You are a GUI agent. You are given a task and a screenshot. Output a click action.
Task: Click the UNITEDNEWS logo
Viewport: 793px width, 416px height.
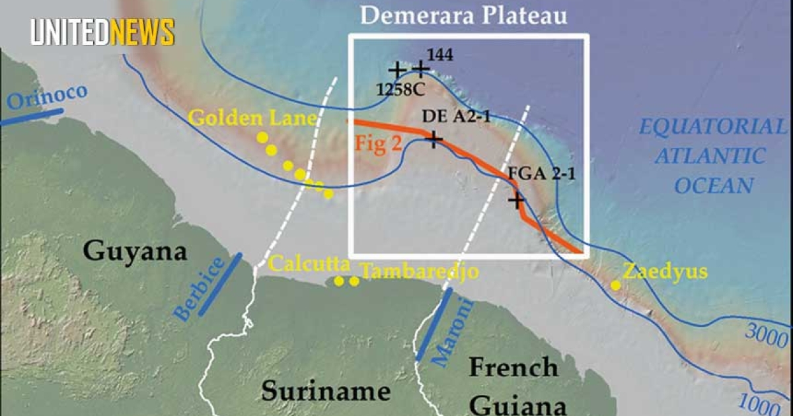[102, 32]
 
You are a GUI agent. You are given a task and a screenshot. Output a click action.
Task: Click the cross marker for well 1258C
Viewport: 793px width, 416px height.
[397, 69]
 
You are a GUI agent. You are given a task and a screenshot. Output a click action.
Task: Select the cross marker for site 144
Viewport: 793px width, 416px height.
[420, 68]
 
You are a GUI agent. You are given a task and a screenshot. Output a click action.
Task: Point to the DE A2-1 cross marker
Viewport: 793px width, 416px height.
[434, 139]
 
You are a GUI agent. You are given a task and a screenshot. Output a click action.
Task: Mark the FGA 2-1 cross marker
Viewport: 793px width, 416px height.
[516, 199]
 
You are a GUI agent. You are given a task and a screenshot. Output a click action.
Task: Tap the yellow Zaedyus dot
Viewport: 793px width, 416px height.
[615, 285]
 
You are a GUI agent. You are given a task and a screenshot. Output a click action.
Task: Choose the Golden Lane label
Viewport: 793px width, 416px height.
[252, 119]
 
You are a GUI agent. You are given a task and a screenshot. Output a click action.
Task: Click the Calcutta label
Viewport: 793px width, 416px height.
[309, 265]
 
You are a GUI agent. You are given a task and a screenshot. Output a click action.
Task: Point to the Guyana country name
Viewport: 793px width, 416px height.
[135, 252]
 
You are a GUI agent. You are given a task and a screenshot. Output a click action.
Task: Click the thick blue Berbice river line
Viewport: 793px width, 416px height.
[220, 284]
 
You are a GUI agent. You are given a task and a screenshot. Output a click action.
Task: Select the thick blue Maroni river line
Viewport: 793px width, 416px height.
[434, 324]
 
